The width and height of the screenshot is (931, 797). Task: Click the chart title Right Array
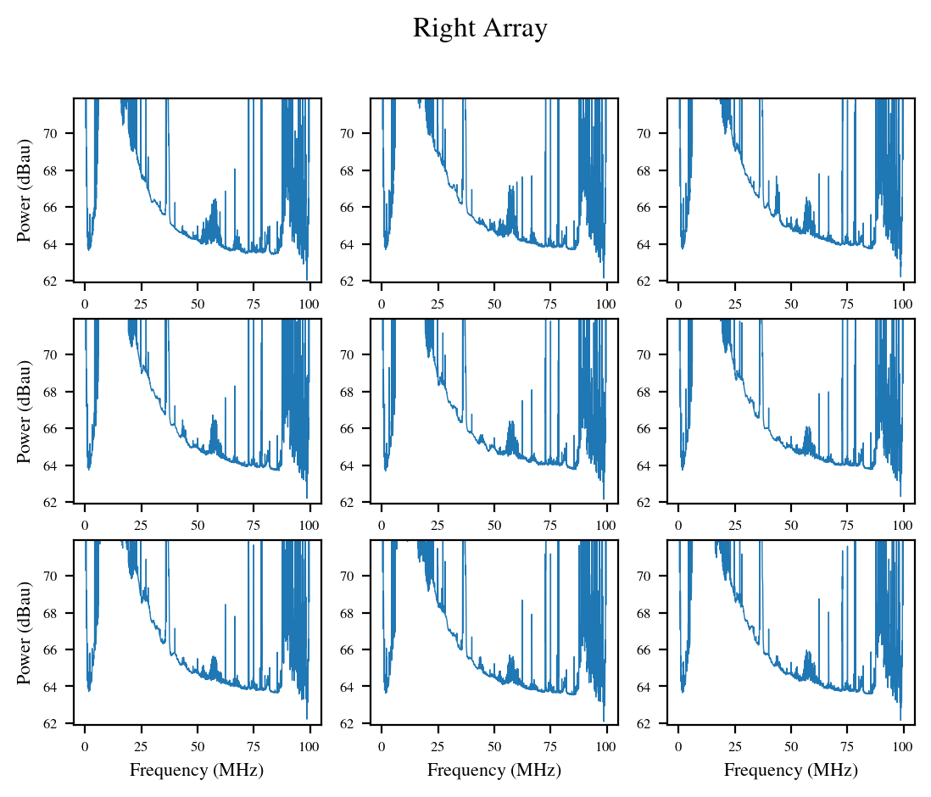(x=480, y=29)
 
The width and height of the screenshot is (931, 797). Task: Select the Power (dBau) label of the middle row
(x=25, y=411)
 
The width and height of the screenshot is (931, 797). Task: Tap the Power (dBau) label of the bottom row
(x=25, y=633)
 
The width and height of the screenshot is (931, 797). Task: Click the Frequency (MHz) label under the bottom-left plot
(x=197, y=770)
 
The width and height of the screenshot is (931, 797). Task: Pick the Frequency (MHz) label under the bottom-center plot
(x=493, y=770)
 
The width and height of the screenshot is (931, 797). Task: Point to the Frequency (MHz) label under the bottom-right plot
(x=790, y=770)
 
